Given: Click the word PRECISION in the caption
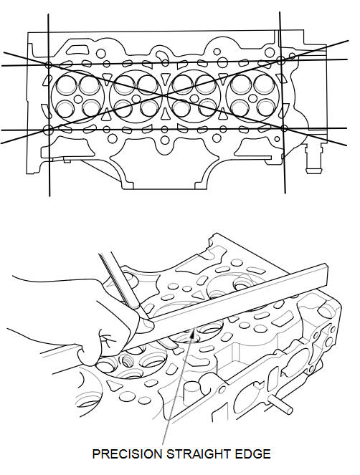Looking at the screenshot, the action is (128, 454).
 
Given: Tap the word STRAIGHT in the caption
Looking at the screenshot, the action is (199, 454).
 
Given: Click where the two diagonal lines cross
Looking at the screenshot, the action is (164, 96).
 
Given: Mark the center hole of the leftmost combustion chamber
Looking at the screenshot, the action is (78, 99).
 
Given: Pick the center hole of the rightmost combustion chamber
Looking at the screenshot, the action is (252, 98).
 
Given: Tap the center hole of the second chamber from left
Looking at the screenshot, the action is (136, 99).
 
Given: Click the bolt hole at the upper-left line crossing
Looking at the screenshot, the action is (49, 64).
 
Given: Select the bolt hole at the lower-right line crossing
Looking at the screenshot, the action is (284, 128).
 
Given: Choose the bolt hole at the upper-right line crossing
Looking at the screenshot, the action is (281, 61).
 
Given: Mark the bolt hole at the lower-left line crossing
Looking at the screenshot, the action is (48, 130).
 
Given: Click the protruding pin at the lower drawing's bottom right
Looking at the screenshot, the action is (281, 406).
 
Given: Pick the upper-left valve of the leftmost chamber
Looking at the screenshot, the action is (67, 85).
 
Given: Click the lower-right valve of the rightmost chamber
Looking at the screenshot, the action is (266, 107).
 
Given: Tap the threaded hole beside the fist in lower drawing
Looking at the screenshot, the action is (128, 361).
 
